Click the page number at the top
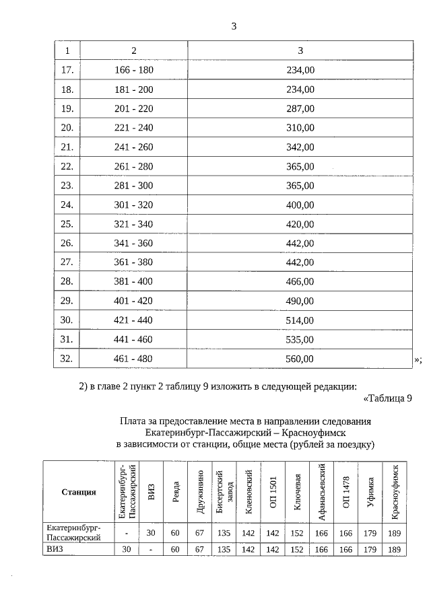tap(233, 26)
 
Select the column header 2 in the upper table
tap(134, 50)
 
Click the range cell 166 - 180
tap(134, 69)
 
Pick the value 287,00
tap(300, 108)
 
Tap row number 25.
tap(66, 223)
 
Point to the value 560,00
tap(300, 359)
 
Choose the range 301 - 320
tap(134, 205)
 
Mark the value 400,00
tap(300, 205)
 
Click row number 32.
tap(66, 359)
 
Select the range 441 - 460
tap(134, 340)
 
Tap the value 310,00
tap(300, 127)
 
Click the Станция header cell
tap(79, 492)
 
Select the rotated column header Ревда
tap(175, 492)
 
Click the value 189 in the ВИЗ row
tap(395, 550)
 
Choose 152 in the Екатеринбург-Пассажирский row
tap(298, 533)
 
